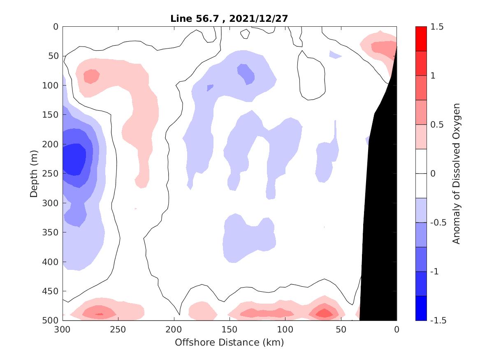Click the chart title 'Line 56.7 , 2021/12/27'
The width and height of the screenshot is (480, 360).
pyautogui.click(x=229, y=19)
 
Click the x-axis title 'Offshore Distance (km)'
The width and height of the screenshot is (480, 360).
pyautogui.click(x=229, y=342)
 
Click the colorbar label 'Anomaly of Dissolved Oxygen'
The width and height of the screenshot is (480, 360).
pyautogui.click(x=456, y=173)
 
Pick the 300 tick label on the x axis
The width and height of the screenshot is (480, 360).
pyautogui.click(x=63, y=330)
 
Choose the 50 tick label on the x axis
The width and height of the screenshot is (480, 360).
pyautogui.click(x=341, y=330)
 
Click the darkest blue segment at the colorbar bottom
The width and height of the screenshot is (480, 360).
pyautogui.click(x=421, y=308)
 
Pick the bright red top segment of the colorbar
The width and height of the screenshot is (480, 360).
pyautogui.click(x=421, y=39)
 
